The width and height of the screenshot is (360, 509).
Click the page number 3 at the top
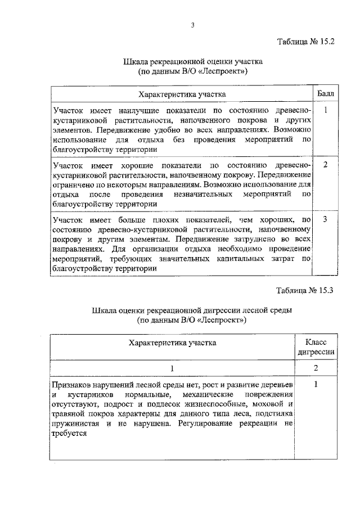click(192, 23)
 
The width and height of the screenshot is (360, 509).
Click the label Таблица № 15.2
click(306, 42)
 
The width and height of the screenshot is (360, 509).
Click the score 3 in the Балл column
click(325, 219)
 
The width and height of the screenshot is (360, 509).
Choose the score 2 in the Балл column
click(325, 164)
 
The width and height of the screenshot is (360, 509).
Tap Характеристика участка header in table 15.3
click(173, 342)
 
